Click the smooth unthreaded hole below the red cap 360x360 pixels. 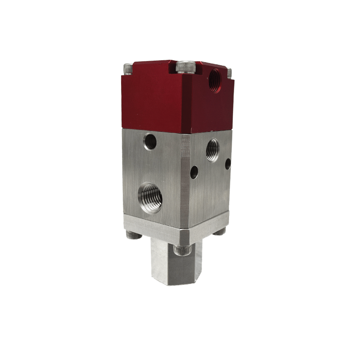(x=148, y=143)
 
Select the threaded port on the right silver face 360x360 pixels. (x=212, y=149)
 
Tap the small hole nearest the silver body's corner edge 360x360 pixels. (x=194, y=171)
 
